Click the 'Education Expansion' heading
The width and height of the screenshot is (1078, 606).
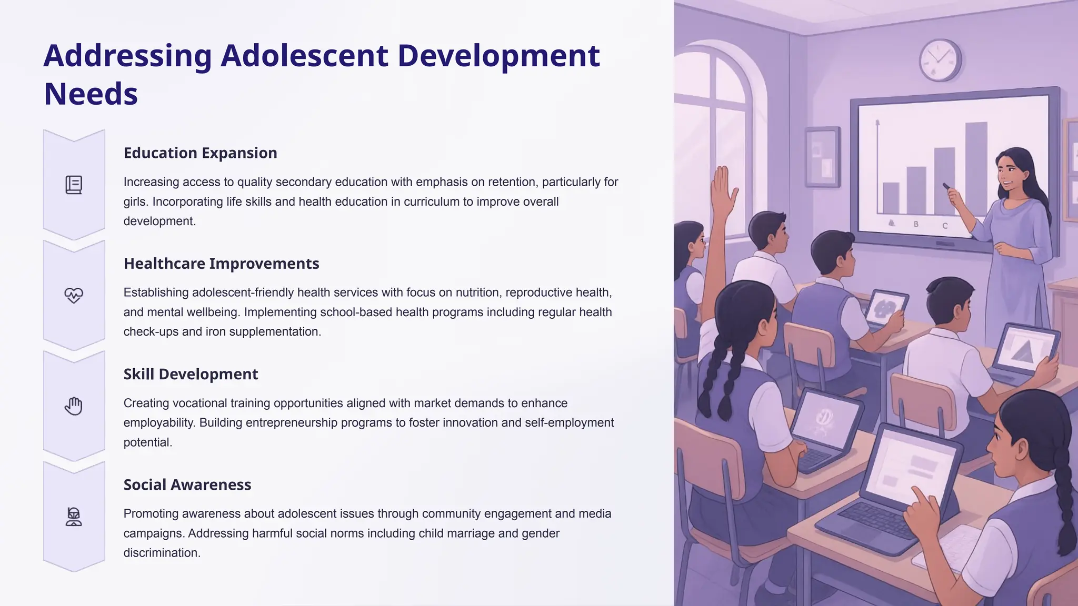(200, 153)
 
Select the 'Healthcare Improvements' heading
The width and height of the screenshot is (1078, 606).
(221, 264)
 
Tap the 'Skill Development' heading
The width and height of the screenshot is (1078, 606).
(191, 374)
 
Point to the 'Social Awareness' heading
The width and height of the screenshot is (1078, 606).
(187, 484)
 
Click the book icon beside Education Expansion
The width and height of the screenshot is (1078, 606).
(74, 185)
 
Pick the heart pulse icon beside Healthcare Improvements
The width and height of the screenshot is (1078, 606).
(74, 295)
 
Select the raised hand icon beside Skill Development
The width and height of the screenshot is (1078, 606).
(74, 406)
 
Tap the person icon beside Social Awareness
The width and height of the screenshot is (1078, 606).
(74, 517)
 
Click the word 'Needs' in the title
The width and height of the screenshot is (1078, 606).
(91, 94)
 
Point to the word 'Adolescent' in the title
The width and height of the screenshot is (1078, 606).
(304, 55)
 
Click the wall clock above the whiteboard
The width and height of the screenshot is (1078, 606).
(940, 60)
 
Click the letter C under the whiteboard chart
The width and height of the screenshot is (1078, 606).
(945, 226)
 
